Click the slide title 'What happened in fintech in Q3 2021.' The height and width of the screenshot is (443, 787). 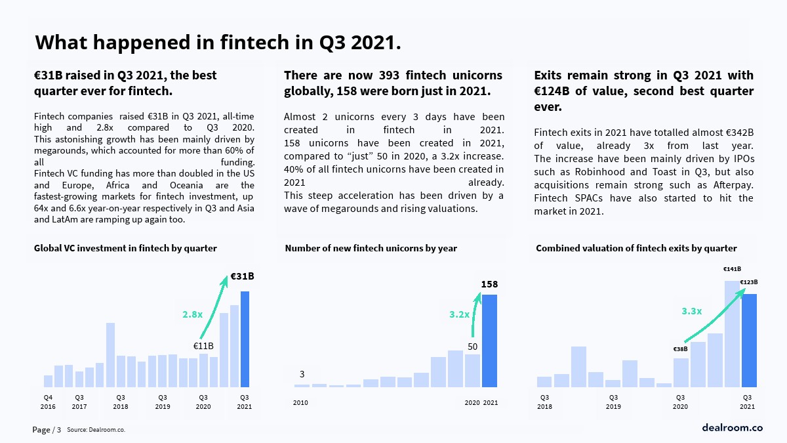pyautogui.click(x=218, y=43)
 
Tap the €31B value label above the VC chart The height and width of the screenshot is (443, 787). pyautogui.click(x=242, y=276)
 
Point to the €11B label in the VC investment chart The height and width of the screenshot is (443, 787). pyautogui.click(x=203, y=346)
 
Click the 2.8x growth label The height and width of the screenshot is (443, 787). pyautogui.click(x=192, y=314)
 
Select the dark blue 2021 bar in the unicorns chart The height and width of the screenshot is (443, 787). pyautogui.click(x=489, y=341)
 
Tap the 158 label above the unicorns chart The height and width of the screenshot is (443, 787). pyautogui.click(x=489, y=284)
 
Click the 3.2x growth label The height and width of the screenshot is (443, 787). pyautogui.click(x=459, y=314)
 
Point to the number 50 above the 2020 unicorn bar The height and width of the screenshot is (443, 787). pyautogui.click(x=472, y=346)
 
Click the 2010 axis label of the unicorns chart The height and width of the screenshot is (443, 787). pyautogui.click(x=300, y=402)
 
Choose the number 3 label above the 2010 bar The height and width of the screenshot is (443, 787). pyautogui.click(x=302, y=374)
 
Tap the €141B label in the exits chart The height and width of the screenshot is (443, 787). pyautogui.click(x=732, y=268)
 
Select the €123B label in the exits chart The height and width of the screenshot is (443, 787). pyautogui.click(x=749, y=282)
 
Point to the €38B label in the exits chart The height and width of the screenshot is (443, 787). pyautogui.click(x=680, y=349)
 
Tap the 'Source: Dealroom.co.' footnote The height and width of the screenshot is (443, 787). pyautogui.click(x=96, y=430)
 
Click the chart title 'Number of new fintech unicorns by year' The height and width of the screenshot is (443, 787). pyautogui.click(x=371, y=248)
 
